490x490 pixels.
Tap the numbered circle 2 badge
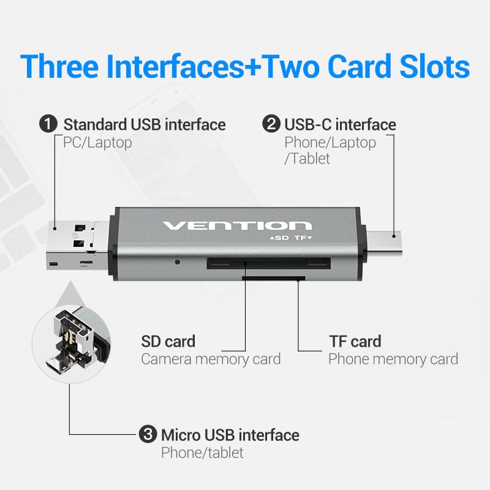click(x=271, y=125)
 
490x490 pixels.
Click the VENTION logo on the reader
click(x=237, y=225)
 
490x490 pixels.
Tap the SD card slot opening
click(x=268, y=264)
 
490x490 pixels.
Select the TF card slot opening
click(x=273, y=278)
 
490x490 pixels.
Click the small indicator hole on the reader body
click(x=178, y=262)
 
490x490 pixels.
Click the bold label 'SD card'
click(x=168, y=341)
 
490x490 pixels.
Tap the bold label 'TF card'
click(x=355, y=341)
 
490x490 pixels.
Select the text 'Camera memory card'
click(x=211, y=359)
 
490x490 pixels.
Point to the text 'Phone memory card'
click(x=393, y=359)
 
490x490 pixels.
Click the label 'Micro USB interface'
click(x=230, y=435)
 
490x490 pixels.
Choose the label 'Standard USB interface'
click(x=145, y=125)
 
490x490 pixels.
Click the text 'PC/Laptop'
click(x=97, y=143)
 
